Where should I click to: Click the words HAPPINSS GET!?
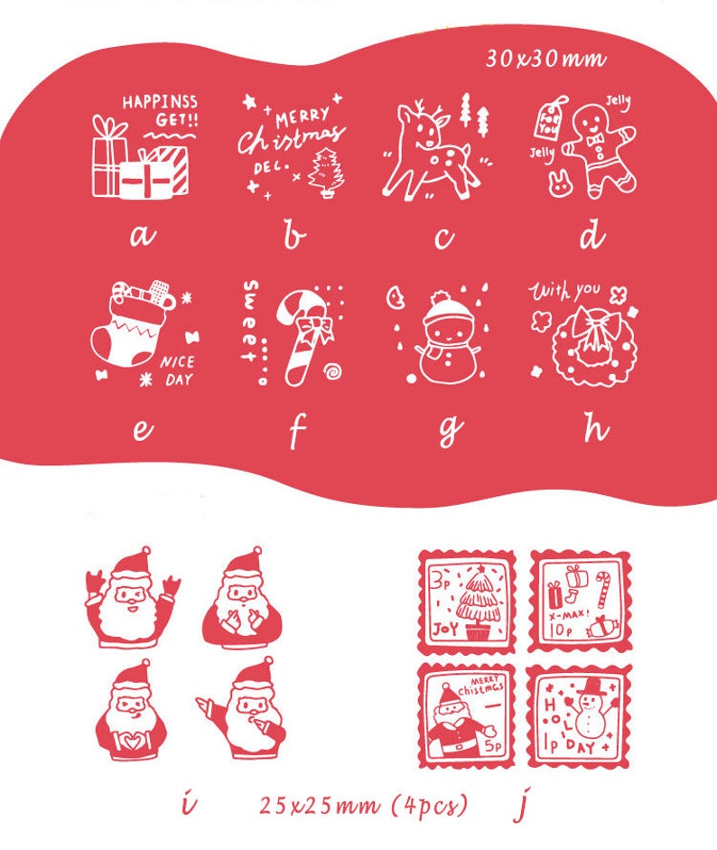[x=160, y=109]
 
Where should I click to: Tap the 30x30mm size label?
[x=545, y=60]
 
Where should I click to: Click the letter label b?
[x=293, y=237]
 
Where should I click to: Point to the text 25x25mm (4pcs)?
[x=363, y=804]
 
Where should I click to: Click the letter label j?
[x=519, y=804]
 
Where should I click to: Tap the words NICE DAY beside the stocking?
[x=177, y=370]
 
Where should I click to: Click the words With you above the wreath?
[x=564, y=291]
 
